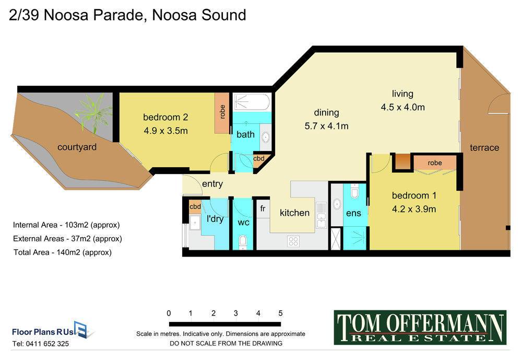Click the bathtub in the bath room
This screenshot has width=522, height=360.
coord(252,102)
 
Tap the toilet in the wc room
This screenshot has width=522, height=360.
coord(243,241)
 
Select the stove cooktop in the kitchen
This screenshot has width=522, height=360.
coord(293,241)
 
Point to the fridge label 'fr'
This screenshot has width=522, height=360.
coord(263,208)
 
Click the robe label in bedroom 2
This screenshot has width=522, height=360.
coord(222,112)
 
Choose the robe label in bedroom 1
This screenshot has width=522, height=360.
coord(435,162)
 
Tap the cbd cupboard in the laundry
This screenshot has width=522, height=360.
coord(195,207)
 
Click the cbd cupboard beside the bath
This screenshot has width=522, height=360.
coord(259,159)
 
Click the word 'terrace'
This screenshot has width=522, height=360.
coord(484,147)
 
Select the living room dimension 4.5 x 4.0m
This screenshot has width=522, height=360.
coord(403,107)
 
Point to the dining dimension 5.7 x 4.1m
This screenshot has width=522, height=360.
coord(326,126)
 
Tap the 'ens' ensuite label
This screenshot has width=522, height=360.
coord(353,213)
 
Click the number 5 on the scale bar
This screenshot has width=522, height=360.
coord(281,313)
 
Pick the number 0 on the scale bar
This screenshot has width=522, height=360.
coord(169,313)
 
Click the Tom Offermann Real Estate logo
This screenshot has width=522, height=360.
coord(420,327)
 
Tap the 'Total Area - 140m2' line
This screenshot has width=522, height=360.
coord(63,252)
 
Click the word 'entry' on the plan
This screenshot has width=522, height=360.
coord(212,184)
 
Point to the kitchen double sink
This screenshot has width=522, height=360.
coord(321,215)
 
